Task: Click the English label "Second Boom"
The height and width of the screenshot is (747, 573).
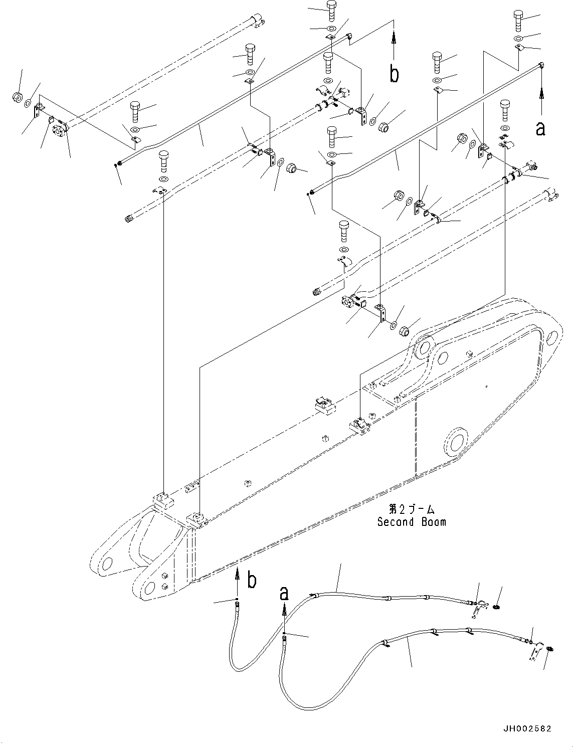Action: click(x=411, y=522)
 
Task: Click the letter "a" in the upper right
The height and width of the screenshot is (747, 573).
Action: click(x=540, y=128)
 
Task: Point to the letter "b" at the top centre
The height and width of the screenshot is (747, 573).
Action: click(x=395, y=74)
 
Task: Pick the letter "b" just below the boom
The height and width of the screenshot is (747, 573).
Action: click(x=252, y=580)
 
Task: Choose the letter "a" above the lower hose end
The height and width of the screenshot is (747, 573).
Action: click(x=284, y=594)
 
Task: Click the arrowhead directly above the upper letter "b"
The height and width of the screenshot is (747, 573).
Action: click(x=395, y=37)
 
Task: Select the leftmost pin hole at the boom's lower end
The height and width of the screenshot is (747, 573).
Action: click(x=106, y=564)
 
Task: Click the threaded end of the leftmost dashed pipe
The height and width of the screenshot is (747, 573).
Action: click(x=129, y=219)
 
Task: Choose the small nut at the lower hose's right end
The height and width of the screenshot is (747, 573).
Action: click(x=549, y=649)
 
